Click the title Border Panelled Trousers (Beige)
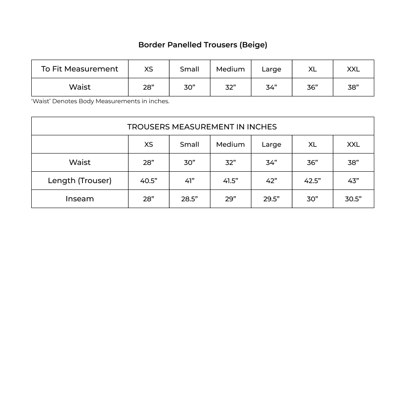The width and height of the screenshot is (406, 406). (203, 45)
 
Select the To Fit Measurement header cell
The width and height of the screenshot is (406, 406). (80, 69)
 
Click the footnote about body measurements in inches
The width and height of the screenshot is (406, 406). (100, 101)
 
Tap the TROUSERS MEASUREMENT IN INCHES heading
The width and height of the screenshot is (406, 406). (202, 126)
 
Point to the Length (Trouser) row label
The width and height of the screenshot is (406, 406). (80, 181)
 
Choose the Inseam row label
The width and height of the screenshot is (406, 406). (80, 199)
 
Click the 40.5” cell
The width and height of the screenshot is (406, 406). (148, 181)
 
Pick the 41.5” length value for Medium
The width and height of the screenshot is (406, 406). (230, 181)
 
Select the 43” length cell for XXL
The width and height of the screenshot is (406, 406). (353, 181)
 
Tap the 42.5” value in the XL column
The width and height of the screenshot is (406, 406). (312, 181)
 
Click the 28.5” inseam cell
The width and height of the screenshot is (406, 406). (189, 199)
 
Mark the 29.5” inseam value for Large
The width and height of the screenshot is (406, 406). (271, 199)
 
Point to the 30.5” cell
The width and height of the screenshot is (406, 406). (353, 199)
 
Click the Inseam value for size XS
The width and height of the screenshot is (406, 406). (148, 199)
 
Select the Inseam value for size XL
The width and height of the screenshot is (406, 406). (312, 199)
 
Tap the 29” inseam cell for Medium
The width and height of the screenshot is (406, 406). (230, 199)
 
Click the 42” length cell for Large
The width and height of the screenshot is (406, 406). (271, 181)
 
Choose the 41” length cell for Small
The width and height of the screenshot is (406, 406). (189, 181)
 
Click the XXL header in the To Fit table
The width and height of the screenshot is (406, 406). (353, 69)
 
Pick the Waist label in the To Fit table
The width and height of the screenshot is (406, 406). (80, 87)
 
